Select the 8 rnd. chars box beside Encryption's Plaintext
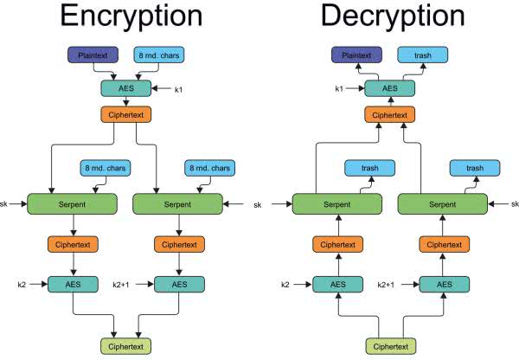coord(159,55)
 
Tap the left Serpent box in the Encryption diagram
coord(73,204)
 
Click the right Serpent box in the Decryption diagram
coord(441,205)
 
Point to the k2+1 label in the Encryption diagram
coord(123,283)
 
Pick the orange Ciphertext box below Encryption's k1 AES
coord(125,113)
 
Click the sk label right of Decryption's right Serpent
coord(513,204)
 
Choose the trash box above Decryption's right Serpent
coord(475,167)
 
